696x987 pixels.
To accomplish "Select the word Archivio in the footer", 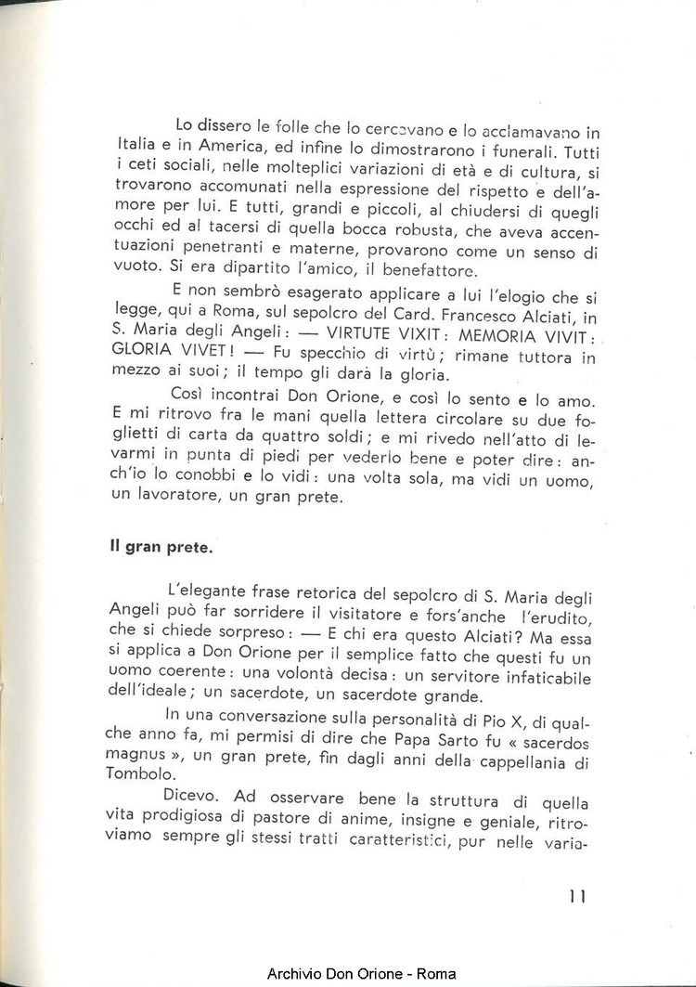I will click(x=296, y=973).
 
